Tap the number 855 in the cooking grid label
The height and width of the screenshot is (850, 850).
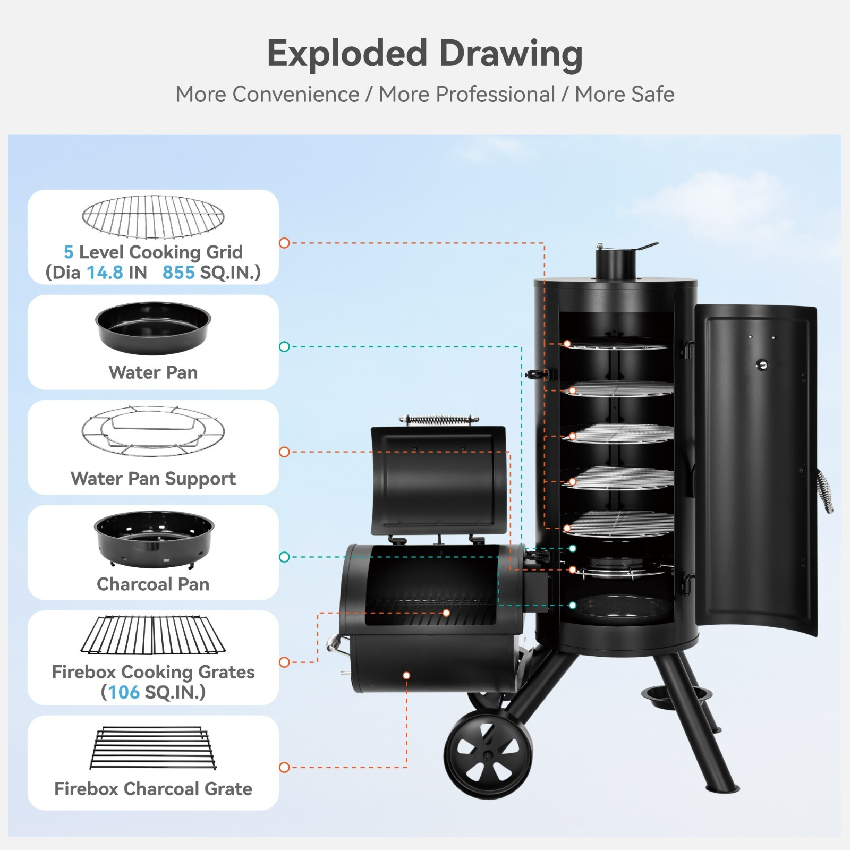pos(178,273)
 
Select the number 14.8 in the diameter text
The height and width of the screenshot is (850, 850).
pos(105,273)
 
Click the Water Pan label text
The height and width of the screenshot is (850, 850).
pos(153,372)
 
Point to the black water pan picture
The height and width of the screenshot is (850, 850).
pos(153,327)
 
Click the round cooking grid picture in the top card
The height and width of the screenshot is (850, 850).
pos(153,217)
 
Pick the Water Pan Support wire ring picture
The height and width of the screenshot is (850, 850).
pos(153,431)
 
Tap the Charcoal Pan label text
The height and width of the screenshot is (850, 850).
pos(153,584)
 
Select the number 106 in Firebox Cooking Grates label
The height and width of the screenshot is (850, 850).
pos(124,692)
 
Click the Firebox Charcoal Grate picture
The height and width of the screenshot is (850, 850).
pos(153,748)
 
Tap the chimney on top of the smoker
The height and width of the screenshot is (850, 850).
pos(616,264)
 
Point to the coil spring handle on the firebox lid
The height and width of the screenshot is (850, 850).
pos(439,420)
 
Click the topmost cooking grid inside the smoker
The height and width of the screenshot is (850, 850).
pos(619,345)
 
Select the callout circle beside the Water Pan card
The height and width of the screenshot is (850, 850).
pos(284,347)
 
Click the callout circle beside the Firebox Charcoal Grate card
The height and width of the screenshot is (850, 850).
pos(284,767)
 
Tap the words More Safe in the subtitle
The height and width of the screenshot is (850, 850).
pos(625,95)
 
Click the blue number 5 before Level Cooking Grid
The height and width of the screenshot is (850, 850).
pos(69,252)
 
